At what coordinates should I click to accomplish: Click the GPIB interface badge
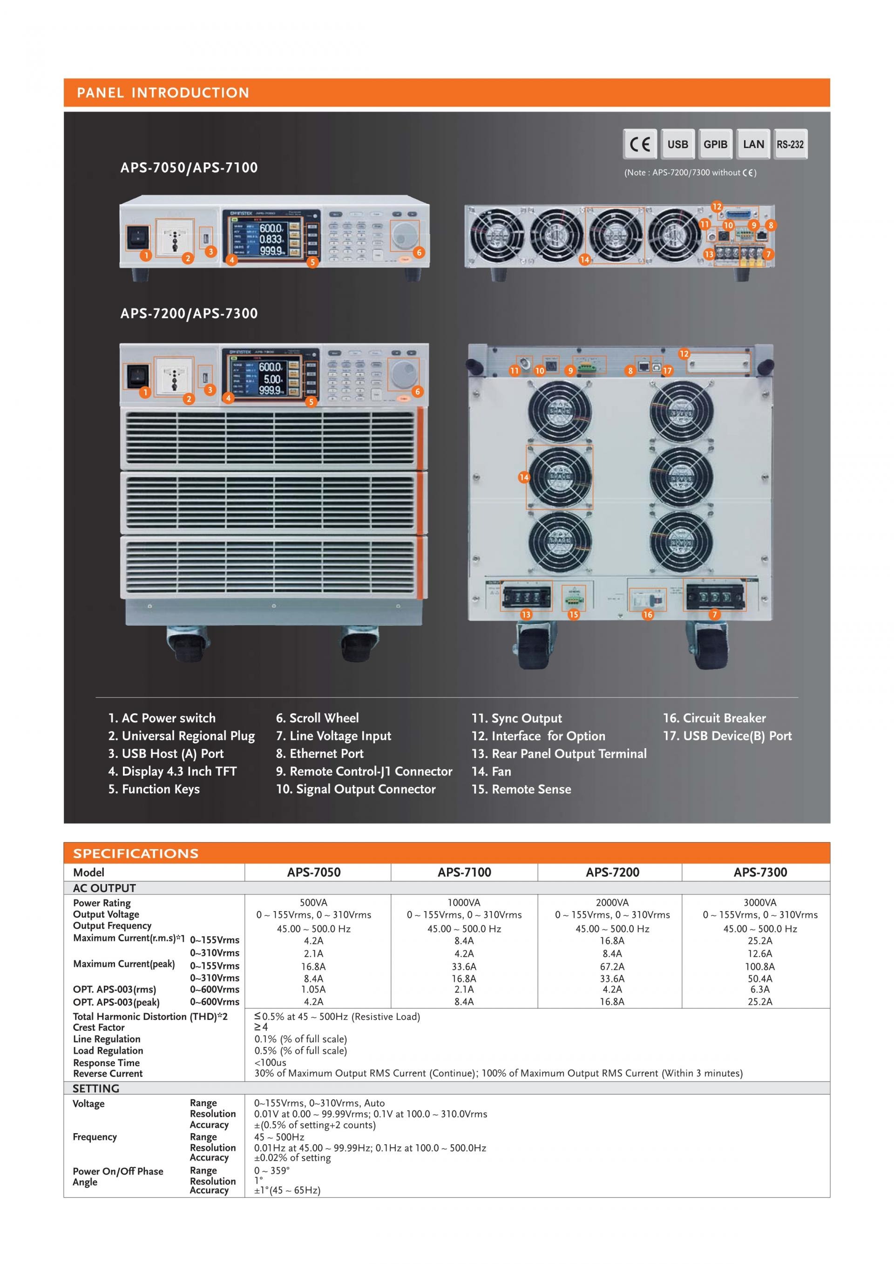715,144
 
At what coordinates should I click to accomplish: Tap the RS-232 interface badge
790,144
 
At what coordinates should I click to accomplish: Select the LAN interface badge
753,144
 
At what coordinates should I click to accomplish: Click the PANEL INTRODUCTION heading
163,93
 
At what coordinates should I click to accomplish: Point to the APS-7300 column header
760,872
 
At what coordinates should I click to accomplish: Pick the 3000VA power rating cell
760,902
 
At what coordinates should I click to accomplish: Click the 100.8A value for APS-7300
760,966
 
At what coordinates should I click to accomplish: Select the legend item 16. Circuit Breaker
714,718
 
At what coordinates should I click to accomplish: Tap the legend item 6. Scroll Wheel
317,718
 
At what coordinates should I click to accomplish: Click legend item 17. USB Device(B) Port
727,736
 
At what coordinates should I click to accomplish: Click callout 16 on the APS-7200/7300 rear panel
647,615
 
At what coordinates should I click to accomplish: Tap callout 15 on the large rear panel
574,615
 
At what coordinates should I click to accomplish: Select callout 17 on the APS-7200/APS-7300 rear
667,371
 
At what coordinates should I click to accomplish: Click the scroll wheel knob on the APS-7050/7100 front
404,235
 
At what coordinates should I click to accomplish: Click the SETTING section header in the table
96,1088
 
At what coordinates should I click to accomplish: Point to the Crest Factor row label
99,1027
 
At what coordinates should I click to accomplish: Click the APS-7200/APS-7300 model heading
189,313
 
